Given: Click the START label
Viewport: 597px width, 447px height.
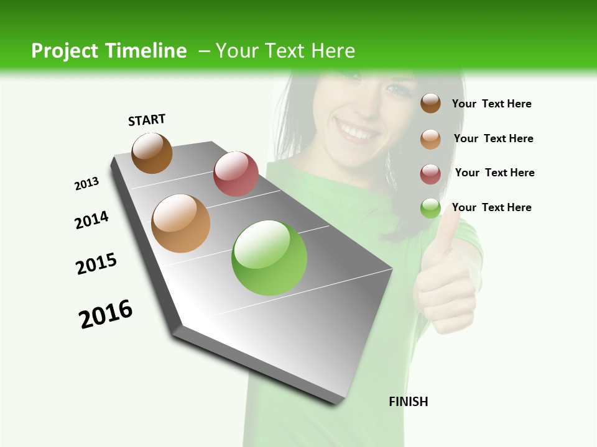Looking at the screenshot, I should tap(147, 120).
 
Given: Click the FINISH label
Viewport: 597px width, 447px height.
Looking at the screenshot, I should tap(408, 402).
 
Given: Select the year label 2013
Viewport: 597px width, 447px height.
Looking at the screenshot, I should tap(86, 184).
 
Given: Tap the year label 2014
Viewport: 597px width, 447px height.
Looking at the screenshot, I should tap(91, 220).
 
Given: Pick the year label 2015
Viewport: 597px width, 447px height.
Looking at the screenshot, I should tap(96, 264).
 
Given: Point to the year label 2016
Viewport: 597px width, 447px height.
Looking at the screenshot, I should tap(106, 314).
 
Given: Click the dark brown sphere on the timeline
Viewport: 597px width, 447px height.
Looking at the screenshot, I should tap(152, 153).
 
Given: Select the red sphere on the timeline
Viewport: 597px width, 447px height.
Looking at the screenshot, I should tap(236, 173).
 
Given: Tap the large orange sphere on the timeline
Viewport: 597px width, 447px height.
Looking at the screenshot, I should tap(180, 223).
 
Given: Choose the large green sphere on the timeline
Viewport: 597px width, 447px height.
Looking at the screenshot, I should tap(269, 258).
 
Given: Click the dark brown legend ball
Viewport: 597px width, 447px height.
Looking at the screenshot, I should tap(430, 103).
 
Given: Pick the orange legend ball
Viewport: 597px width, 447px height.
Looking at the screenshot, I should tap(430, 138).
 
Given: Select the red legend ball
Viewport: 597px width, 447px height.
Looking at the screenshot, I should tap(430, 174).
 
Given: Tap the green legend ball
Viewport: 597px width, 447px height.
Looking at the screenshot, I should tap(430, 208).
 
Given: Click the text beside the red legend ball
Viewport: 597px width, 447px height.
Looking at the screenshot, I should tap(494, 173).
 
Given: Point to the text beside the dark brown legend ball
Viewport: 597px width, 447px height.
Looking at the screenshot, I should tap(491, 104).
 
